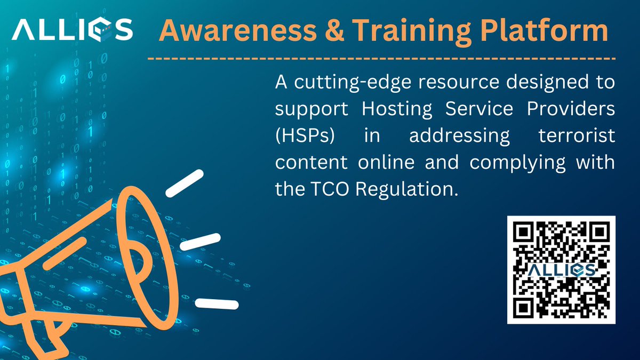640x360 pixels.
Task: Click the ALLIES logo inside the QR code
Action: click(561, 270)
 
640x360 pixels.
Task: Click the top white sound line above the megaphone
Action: click(185, 183)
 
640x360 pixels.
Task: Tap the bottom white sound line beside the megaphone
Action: click(217, 304)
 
